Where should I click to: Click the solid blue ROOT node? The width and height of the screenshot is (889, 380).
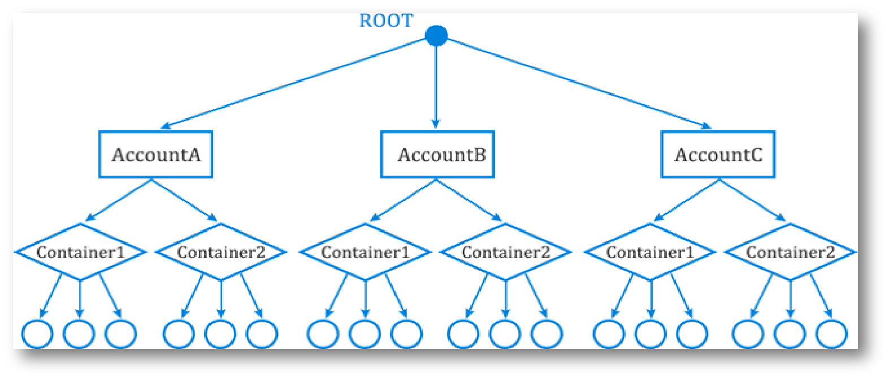coord(436,36)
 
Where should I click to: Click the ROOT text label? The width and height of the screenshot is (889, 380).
coord(386,21)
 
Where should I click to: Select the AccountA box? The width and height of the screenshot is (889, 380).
coord(155,154)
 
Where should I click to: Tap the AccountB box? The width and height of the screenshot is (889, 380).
coord(437,154)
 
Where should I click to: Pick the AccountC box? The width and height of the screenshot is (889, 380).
coord(718,154)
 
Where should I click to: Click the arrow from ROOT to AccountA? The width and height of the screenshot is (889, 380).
coord(294,82)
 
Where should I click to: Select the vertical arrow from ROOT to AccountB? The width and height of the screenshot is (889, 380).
coord(435,85)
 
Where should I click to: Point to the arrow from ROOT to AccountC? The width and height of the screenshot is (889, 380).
coord(576,82)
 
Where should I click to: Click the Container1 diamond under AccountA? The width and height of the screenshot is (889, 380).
coord(80,252)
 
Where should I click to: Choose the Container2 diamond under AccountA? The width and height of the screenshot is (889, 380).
coord(220,252)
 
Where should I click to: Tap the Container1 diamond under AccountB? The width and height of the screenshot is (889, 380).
coord(365,252)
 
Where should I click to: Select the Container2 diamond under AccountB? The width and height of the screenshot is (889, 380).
coord(505,252)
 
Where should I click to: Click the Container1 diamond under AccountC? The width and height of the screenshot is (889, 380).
coord(650,252)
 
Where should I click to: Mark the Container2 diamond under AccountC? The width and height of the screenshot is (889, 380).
coord(790,252)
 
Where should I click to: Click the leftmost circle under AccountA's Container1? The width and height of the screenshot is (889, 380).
coord(37,333)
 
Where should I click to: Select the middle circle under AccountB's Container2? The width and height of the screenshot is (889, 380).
coord(505,333)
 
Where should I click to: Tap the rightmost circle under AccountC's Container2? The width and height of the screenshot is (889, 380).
coord(831,333)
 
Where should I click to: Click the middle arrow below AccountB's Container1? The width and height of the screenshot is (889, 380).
coord(365,298)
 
